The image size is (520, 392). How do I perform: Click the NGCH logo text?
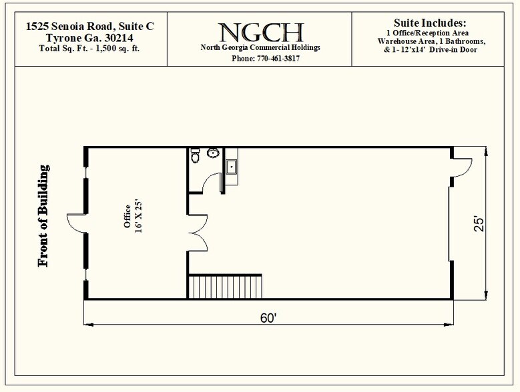coord(260,33)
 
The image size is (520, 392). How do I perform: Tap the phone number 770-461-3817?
coord(278,59)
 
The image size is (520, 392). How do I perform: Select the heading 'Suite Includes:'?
coord(430,23)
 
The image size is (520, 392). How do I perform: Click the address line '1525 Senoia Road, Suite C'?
coord(90,26)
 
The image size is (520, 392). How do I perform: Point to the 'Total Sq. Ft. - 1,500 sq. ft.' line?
coord(89,49)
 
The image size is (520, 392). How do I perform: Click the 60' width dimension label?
coord(268,318)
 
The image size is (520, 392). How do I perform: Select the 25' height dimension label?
coord(479,224)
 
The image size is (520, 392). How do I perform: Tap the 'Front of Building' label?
coord(43,216)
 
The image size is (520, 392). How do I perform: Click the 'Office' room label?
coord(127,216)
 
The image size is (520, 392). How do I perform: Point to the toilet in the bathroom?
coord(196,155)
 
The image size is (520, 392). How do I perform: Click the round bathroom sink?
coord(213,153)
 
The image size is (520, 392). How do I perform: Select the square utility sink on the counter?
coord(231,167)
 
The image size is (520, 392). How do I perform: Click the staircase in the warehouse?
coord(225,287)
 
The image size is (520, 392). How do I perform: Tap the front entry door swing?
coord(77,224)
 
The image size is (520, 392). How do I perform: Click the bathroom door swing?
coord(212,183)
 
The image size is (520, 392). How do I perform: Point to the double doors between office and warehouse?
coord(198,233)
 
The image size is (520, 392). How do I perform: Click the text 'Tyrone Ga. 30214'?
coord(89,38)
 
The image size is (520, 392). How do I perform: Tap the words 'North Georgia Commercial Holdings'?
coord(260,47)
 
